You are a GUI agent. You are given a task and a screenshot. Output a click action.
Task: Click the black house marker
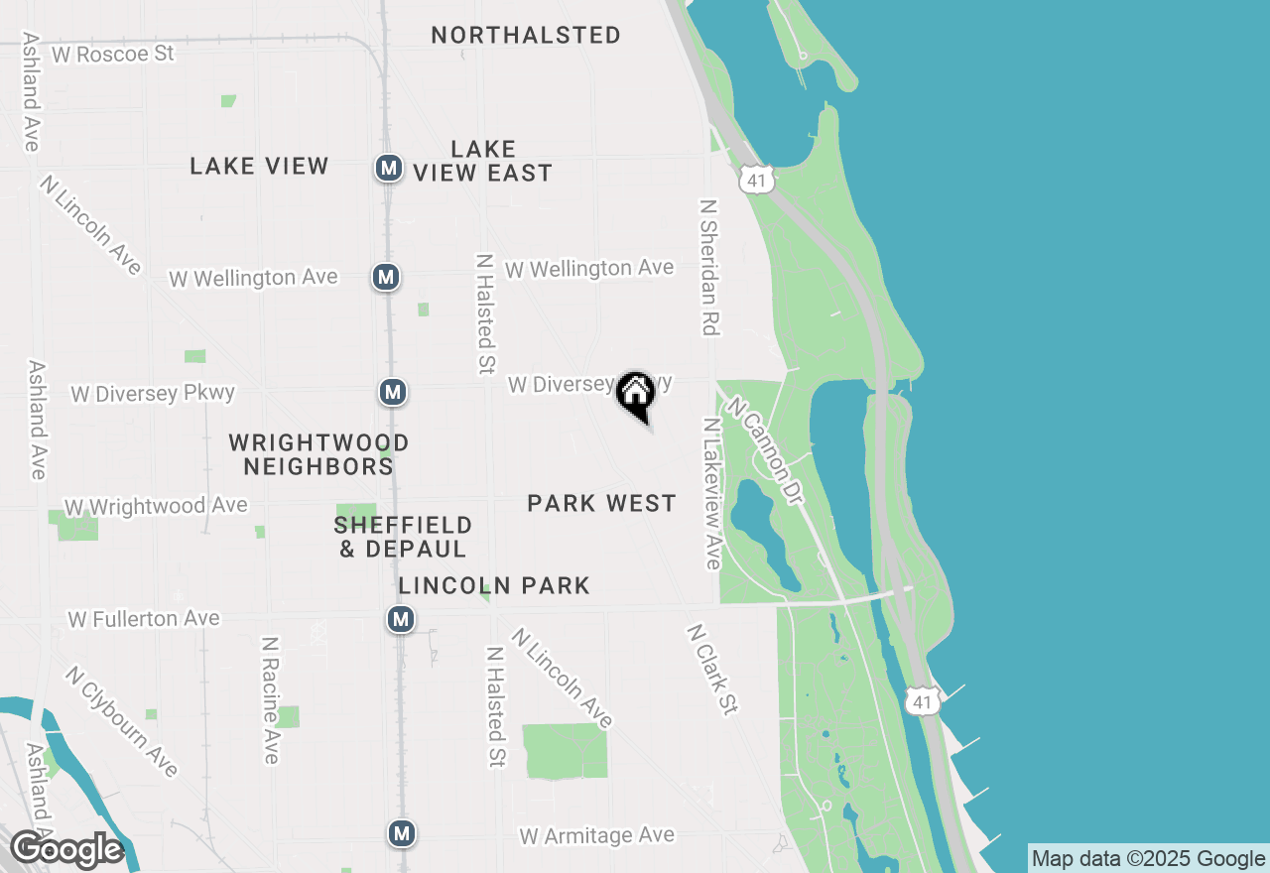[636, 394]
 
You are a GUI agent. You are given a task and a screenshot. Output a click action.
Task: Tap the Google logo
[66, 850]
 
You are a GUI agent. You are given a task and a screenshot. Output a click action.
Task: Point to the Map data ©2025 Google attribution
[1148, 859]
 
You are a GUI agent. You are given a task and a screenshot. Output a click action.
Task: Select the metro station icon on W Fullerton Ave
[400, 620]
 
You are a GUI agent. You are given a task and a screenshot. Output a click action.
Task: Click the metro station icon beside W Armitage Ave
[401, 833]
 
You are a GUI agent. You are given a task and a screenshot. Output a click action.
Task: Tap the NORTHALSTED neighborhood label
[526, 35]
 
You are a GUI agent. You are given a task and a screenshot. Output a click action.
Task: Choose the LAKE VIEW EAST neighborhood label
[483, 161]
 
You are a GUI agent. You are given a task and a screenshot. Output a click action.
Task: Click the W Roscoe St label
[112, 54]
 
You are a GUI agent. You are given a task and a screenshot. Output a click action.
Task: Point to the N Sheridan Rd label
[708, 267]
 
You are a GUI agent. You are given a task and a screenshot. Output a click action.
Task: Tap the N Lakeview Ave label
[710, 493]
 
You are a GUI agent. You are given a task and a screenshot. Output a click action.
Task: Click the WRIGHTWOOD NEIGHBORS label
[318, 453]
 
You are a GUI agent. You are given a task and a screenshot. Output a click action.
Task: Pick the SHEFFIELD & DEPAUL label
[403, 536]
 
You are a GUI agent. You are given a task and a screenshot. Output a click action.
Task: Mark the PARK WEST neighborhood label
[601, 504]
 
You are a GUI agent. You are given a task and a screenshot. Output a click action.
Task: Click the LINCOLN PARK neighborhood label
[494, 586]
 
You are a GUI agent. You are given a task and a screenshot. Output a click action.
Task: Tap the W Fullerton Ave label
[144, 619]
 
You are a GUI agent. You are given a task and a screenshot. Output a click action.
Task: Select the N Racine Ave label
[269, 699]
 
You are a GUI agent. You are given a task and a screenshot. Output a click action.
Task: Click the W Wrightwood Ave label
[156, 506]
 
